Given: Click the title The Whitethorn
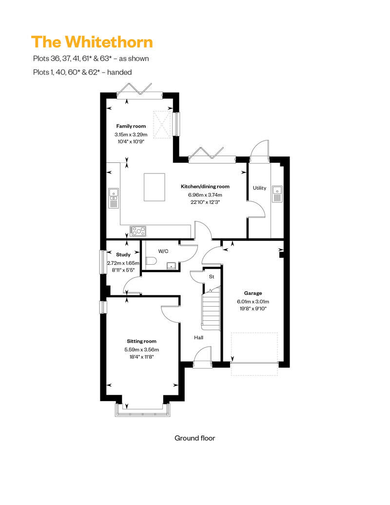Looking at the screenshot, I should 92,42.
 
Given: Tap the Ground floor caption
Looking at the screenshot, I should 195,438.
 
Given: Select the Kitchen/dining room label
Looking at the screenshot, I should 205,187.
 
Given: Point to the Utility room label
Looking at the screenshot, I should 259,188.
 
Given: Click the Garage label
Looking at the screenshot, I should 253,293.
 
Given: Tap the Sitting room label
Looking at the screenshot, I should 141,341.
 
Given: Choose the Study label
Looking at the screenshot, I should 123,254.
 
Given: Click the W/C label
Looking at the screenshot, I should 163,251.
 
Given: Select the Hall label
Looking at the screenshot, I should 199,337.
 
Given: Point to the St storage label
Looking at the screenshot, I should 212,277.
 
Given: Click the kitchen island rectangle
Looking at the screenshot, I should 155,187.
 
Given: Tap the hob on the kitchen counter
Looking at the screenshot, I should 138,231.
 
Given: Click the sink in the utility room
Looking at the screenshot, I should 278,194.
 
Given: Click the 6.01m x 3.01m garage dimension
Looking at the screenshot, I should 253,301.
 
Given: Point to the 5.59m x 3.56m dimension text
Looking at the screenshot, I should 141,349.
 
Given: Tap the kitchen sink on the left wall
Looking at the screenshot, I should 113,196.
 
